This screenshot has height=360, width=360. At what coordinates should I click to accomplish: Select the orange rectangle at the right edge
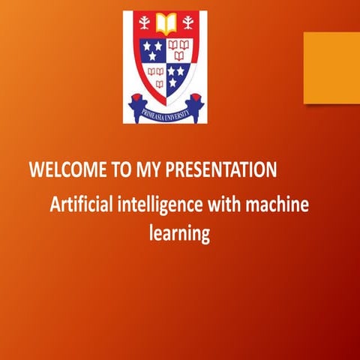click(331, 67)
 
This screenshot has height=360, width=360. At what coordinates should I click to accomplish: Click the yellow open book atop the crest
click(164, 22)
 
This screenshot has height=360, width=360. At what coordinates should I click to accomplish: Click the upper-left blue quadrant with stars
click(152, 50)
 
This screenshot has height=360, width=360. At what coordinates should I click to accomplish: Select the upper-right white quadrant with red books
click(178, 50)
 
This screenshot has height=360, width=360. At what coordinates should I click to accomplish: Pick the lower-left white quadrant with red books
click(154, 73)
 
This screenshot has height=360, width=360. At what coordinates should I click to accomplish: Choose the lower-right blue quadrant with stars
click(176, 75)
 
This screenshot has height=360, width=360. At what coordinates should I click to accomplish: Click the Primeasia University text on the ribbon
click(165, 112)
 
